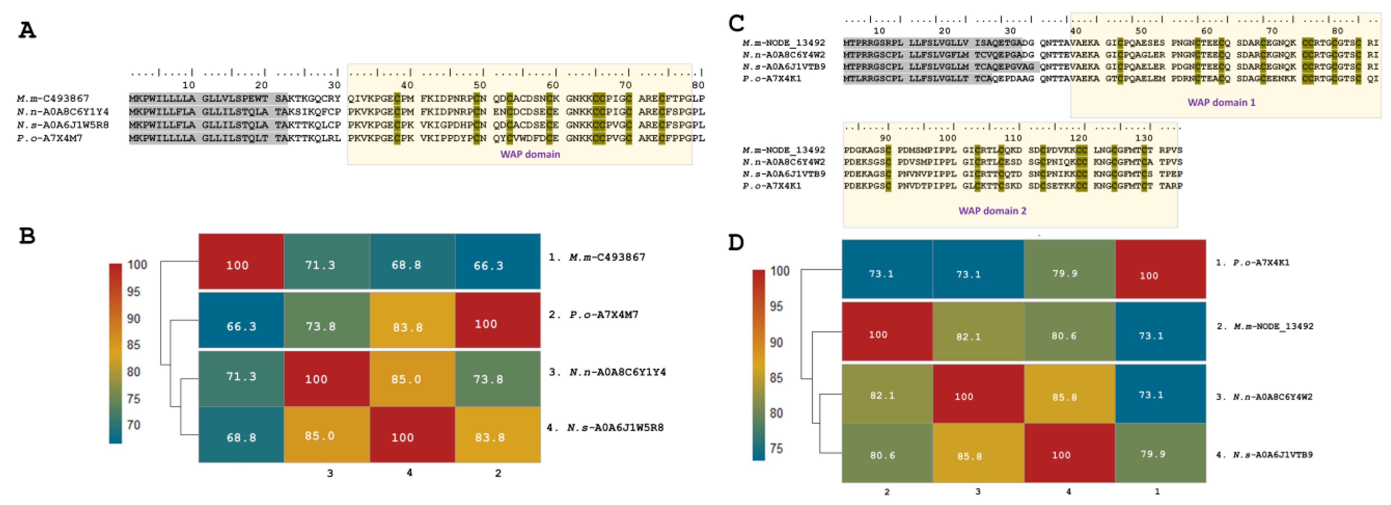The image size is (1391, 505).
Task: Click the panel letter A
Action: tap(27, 30)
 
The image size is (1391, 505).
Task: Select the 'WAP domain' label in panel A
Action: tap(530, 155)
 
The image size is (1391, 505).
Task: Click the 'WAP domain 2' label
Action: tap(992, 211)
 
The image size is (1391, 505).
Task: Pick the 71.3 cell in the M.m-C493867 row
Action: tap(320, 265)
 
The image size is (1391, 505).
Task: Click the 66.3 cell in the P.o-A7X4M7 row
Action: tap(241, 326)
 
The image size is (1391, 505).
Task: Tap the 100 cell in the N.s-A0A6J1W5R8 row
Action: tap(402, 438)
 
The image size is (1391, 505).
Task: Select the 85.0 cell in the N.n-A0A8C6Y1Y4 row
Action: tap(406, 379)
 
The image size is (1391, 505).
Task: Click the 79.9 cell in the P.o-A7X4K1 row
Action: tap(1064, 273)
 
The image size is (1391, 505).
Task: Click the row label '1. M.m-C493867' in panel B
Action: tap(597, 257)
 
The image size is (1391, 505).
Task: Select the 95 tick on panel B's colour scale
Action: tap(133, 292)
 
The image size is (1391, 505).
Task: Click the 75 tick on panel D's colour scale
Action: tap(776, 448)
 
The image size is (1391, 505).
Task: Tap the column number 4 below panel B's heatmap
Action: tap(409, 472)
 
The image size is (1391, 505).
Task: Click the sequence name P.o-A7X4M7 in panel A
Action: tap(50, 138)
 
